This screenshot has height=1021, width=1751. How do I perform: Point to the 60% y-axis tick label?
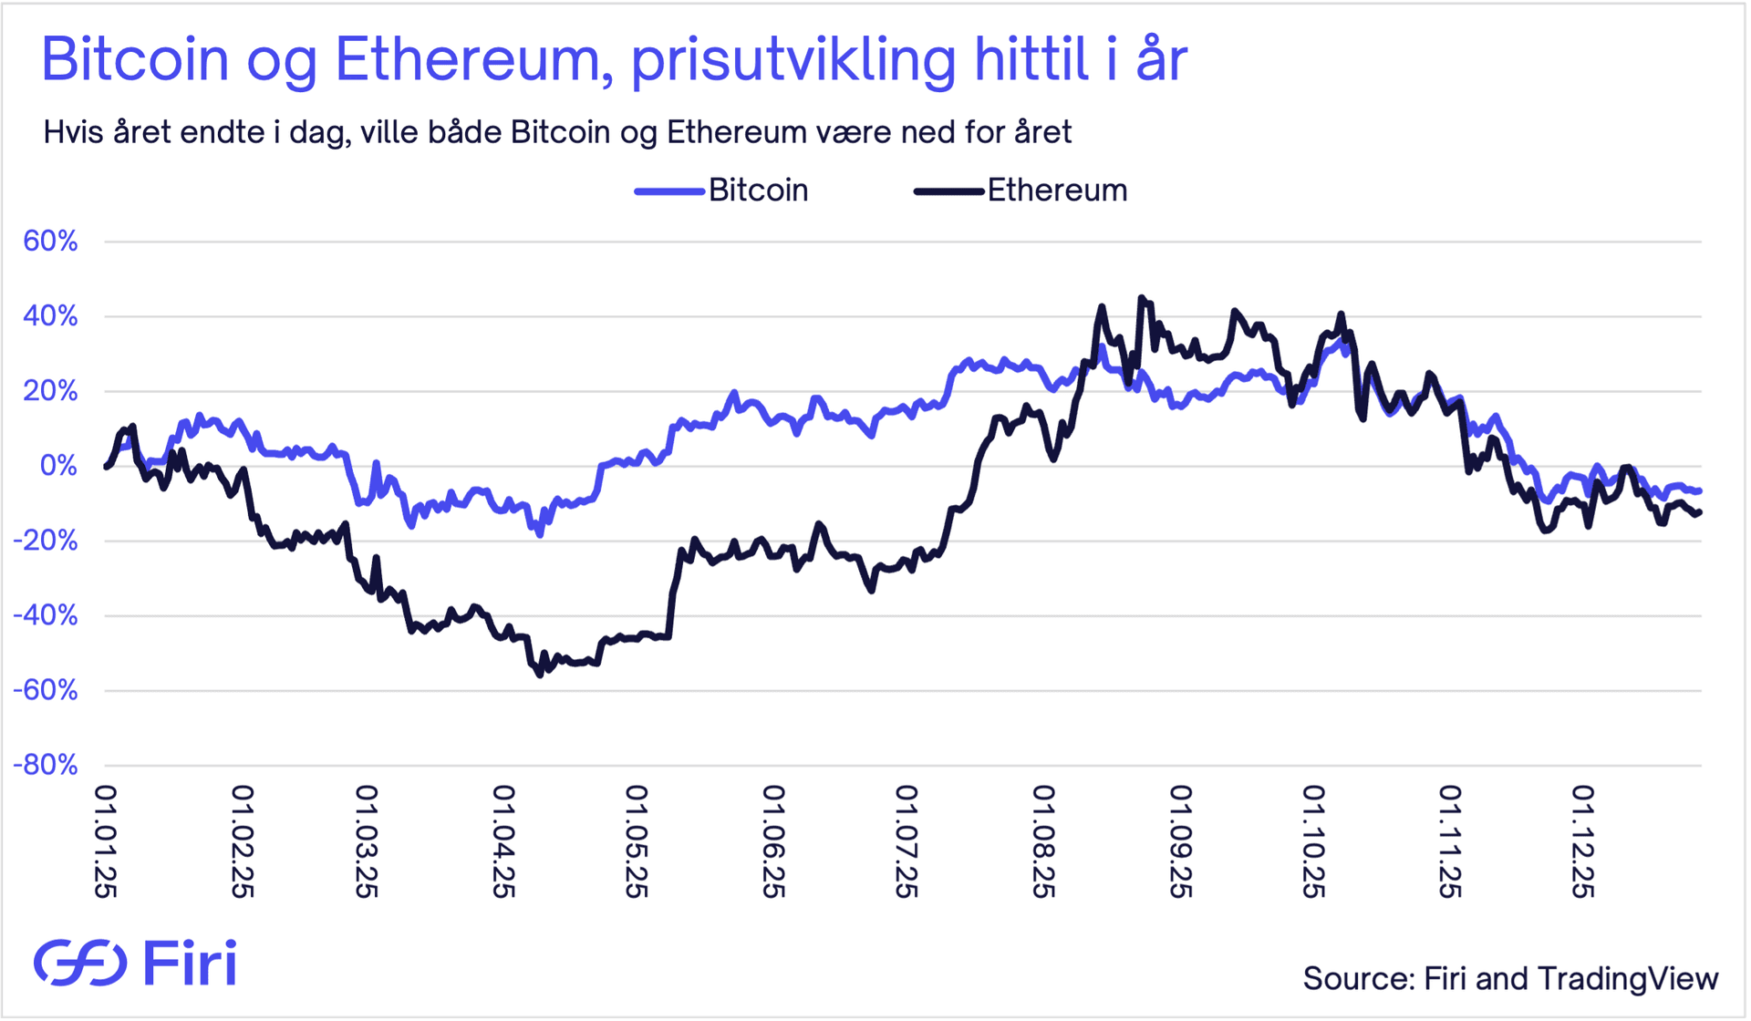(x=50, y=242)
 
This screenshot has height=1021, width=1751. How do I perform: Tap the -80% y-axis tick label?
(x=46, y=765)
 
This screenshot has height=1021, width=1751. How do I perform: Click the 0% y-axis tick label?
(x=59, y=466)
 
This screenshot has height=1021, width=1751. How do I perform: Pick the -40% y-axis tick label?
(x=46, y=615)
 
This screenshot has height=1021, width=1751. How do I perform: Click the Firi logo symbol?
(x=80, y=962)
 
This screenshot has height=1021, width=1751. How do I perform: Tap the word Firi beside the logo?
(x=190, y=963)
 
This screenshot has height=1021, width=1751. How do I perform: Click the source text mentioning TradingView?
(x=1510, y=978)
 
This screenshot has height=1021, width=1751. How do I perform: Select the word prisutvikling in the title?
(x=793, y=60)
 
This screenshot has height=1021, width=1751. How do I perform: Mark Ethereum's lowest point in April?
(x=539, y=676)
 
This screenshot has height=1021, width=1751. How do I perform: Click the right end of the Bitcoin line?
(x=1699, y=491)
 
